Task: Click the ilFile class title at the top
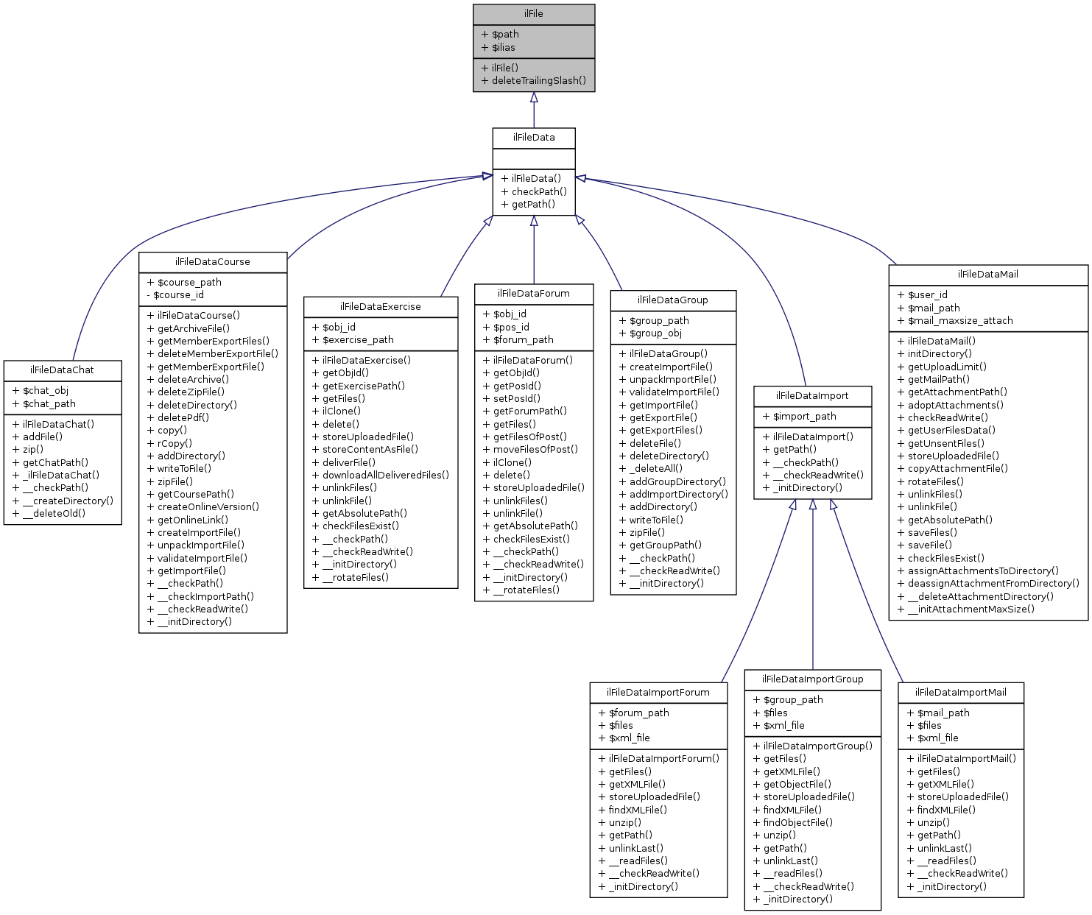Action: click(x=533, y=14)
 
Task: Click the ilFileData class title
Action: click(x=533, y=138)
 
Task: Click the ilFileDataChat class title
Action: click(x=62, y=370)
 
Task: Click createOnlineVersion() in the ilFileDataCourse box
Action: click(x=208, y=506)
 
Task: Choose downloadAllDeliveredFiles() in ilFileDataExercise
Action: click(x=385, y=475)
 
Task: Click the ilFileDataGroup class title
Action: click(x=672, y=300)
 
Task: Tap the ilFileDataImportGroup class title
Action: click(x=812, y=679)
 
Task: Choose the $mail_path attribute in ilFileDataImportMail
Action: click(x=943, y=713)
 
